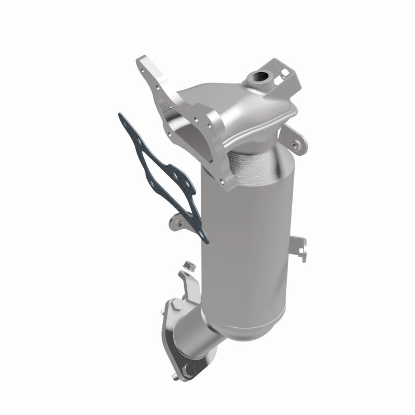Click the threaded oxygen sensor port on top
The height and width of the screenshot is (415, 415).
[x=254, y=77]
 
